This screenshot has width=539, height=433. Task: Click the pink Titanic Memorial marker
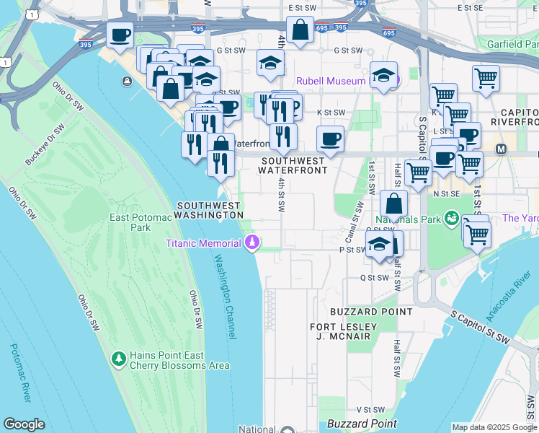click(x=252, y=242)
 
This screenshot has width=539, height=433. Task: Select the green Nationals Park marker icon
click(x=452, y=217)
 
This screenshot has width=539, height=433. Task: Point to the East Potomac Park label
click(x=130, y=222)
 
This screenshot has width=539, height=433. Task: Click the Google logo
click(x=24, y=424)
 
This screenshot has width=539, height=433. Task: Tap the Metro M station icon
click(x=502, y=149)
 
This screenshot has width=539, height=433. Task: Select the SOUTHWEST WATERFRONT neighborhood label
click(x=294, y=165)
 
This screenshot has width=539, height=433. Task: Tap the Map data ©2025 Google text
click(x=494, y=427)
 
